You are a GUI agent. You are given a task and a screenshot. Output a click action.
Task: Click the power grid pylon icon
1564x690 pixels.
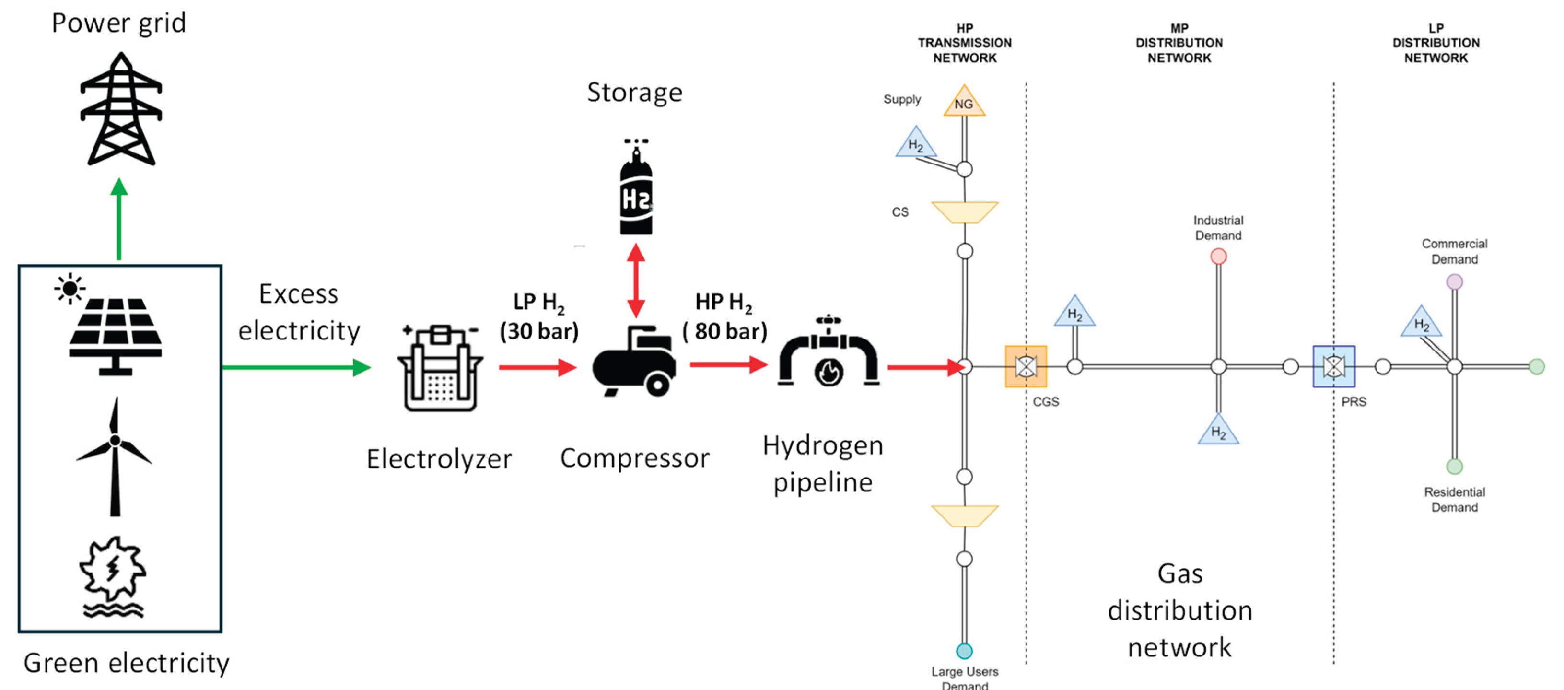(121, 109)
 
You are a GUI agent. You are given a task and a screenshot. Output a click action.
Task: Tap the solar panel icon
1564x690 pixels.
(116, 331)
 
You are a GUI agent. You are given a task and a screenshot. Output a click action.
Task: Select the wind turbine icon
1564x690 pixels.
(114, 456)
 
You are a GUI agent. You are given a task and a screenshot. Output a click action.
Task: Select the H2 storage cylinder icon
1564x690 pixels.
(636, 191)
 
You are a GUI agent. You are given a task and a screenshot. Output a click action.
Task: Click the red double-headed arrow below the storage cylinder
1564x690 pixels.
(636, 281)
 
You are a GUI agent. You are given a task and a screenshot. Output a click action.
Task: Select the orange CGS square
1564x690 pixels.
(1026, 366)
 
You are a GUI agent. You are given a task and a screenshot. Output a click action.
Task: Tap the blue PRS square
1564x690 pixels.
(1334, 366)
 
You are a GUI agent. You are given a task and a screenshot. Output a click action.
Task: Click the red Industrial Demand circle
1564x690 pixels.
(1218, 257)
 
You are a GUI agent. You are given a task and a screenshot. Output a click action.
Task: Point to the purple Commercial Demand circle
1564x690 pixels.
(1455, 282)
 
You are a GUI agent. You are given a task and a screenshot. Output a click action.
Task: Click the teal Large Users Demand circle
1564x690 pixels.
(964, 651)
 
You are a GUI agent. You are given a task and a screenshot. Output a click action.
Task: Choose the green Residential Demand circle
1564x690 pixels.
(1455, 467)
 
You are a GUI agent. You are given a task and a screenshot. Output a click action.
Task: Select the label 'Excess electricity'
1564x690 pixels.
(299, 312)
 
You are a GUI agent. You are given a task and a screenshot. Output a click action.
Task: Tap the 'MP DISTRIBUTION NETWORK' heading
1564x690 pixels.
(1179, 43)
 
